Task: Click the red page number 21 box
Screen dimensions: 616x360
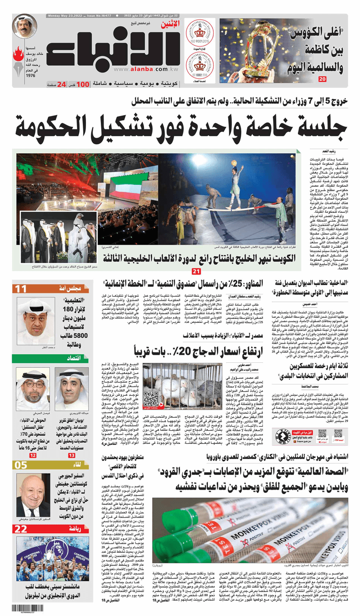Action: pyautogui.click(x=196, y=271)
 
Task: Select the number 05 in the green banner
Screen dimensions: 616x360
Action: pyautogui.click(x=21, y=465)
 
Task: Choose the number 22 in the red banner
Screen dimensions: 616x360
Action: pyautogui.click(x=21, y=529)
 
